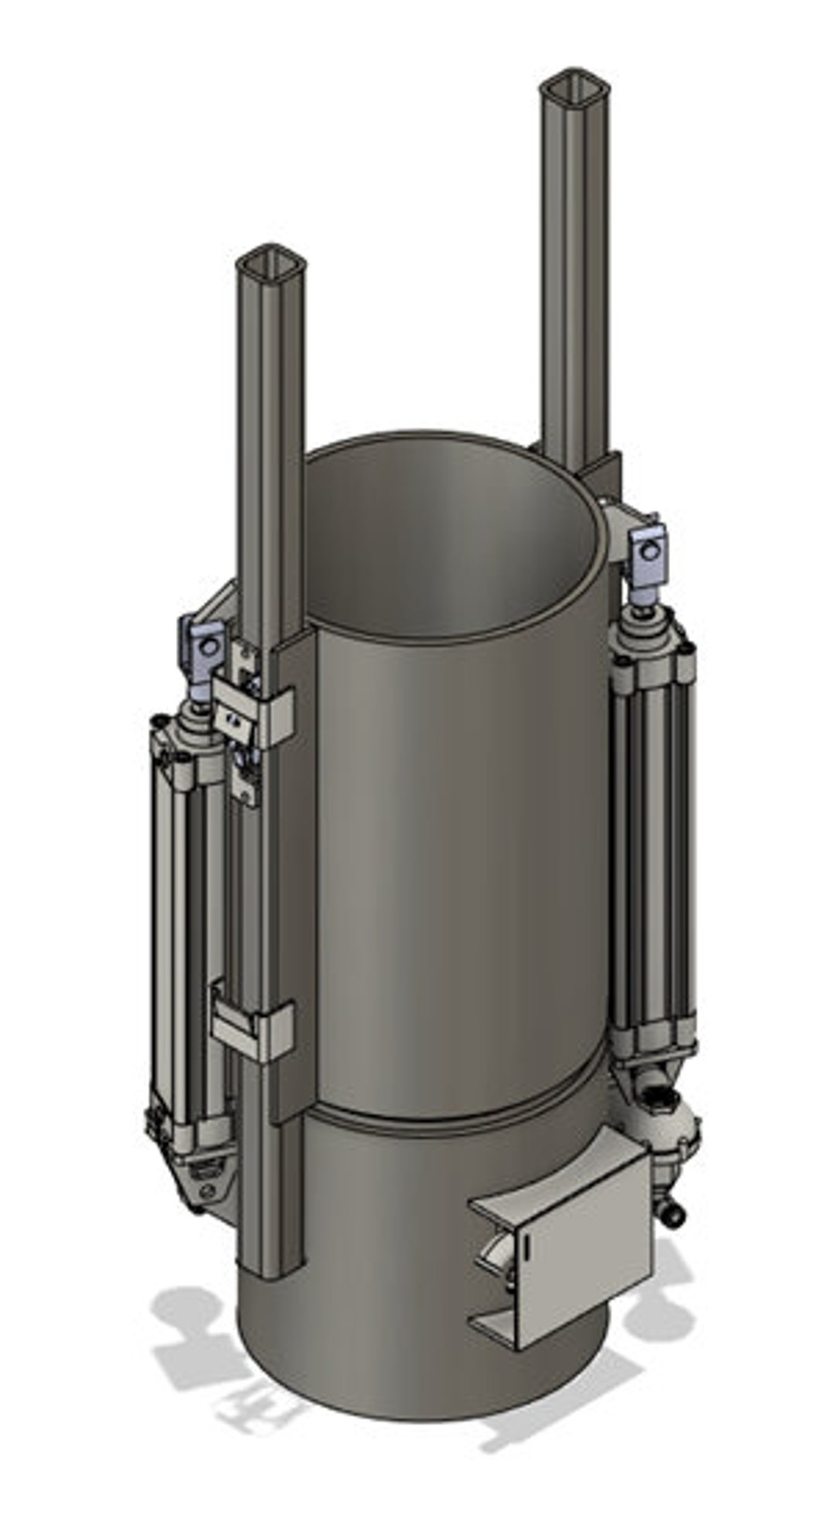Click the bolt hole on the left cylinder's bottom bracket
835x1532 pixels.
click(206, 1189)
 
